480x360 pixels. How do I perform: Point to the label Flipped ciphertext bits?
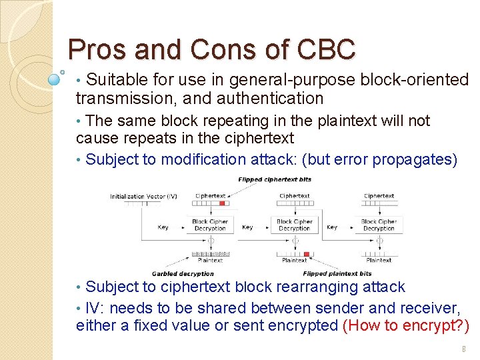click(275, 179)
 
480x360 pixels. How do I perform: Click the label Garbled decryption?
click(183, 273)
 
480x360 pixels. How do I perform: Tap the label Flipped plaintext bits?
click(337, 273)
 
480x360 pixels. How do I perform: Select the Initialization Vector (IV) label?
click(143, 196)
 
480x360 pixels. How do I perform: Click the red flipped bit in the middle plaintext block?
click(307, 254)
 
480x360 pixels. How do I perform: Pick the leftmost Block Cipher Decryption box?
click(210, 225)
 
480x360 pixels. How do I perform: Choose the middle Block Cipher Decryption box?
click(295, 225)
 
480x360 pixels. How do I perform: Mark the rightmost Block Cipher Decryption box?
click(379, 225)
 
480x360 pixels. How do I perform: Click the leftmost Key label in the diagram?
click(163, 227)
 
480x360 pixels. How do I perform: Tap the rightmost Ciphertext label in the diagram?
click(379, 196)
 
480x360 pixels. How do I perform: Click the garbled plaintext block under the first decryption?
click(210, 254)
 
